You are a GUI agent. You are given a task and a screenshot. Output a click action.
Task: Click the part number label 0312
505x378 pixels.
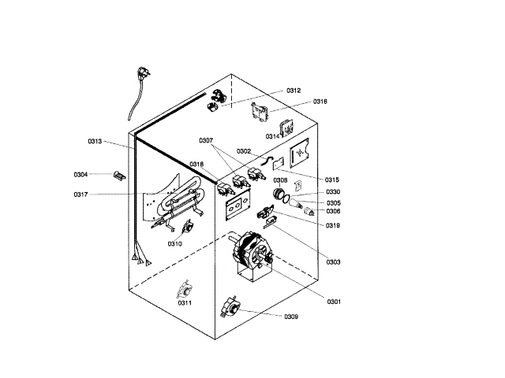tap(294, 91)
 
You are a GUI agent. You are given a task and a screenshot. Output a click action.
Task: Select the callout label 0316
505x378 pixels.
tap(320, 102)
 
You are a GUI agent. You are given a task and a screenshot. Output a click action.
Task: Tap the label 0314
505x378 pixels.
tap(272, 136)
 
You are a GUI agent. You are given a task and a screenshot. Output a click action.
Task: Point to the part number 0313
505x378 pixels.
tap(95, 142)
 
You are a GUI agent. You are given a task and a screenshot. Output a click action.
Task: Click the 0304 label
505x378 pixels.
tap(80, 174)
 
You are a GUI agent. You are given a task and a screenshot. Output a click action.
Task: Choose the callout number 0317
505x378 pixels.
tap(81, 195)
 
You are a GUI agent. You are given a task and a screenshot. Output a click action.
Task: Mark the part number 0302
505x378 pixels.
tap(244, 150)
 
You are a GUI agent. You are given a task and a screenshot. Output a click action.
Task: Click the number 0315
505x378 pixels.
tap(332, 180)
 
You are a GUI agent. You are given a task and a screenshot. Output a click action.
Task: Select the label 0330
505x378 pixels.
tap(333, 192)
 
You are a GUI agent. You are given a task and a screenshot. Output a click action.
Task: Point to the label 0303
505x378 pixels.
tap(333, 261)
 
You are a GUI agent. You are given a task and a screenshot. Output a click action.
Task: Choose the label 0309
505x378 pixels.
tap(291, 317)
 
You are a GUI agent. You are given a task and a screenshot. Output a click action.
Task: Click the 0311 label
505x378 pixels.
tap(185, 302)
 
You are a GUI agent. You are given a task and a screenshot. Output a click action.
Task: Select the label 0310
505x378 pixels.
tap(174, 243)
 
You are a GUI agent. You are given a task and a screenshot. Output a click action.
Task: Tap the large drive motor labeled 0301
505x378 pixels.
tap(250, 252)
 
